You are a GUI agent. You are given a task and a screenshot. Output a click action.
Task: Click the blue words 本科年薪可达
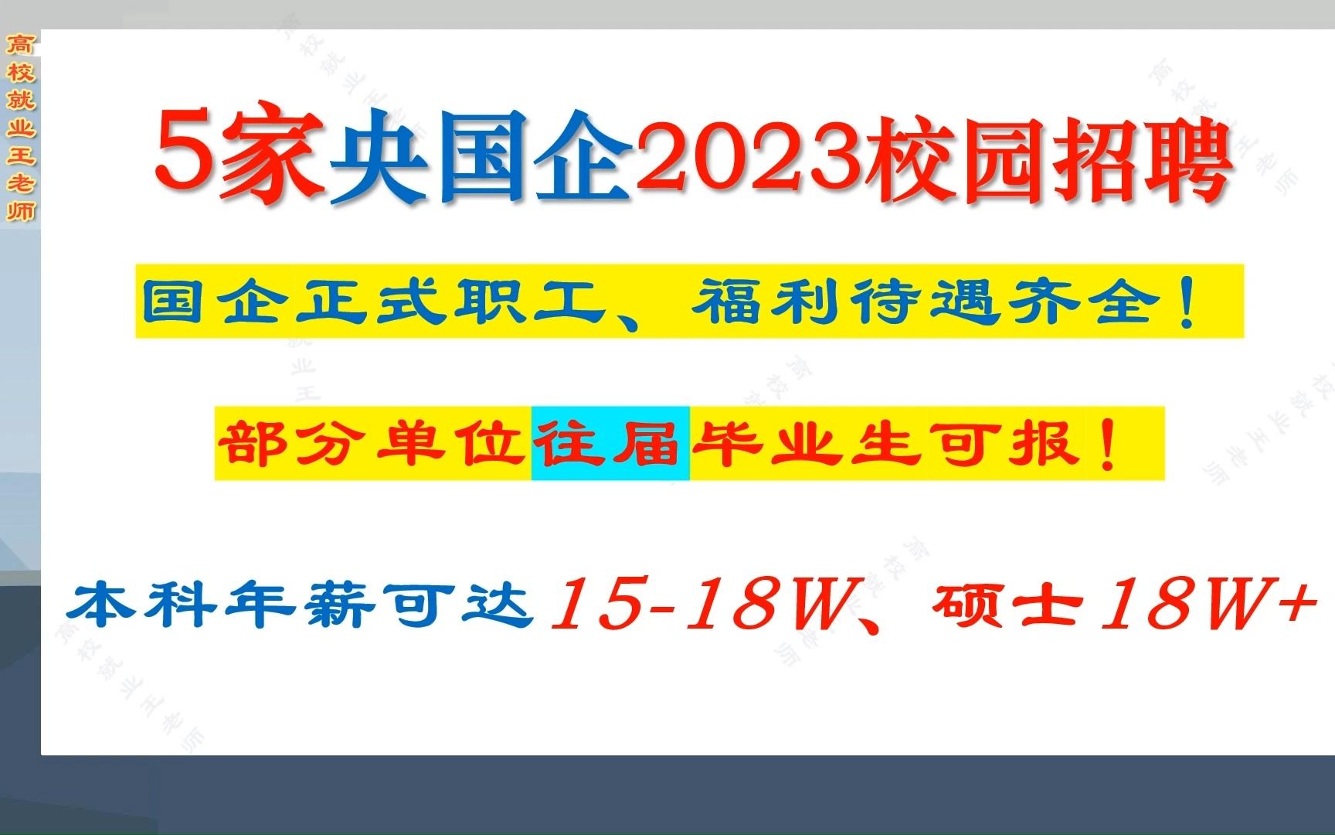301,605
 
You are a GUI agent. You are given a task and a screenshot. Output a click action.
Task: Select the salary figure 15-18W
699,605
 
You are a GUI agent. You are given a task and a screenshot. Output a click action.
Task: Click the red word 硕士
1008,605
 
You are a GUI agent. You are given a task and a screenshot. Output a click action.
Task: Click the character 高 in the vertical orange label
21,45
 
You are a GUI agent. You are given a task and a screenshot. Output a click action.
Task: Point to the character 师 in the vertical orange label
21,210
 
